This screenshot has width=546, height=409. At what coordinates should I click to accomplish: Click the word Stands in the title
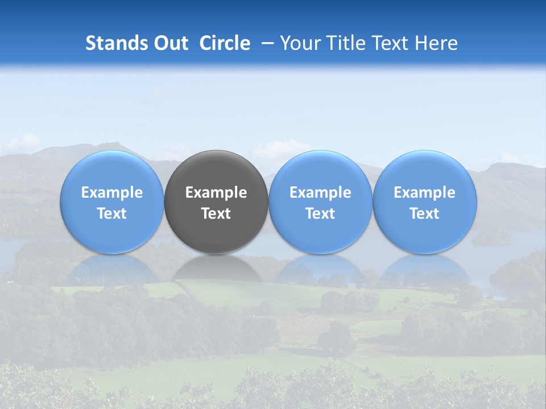click(115, 43)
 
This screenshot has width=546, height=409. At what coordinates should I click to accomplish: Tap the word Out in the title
click(169, 43)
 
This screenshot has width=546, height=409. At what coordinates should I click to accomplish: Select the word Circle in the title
click(225, 43)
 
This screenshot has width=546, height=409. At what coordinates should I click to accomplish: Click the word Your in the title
click(297, 43)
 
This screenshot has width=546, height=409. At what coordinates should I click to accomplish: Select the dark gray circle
click(216, 170)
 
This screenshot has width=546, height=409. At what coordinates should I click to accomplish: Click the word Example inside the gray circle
click(216, 193)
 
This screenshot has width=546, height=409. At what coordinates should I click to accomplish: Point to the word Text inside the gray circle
click(216, 214)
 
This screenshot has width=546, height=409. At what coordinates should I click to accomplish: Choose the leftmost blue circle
click(112, 170)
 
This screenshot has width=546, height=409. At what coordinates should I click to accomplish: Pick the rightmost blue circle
click(424, 170)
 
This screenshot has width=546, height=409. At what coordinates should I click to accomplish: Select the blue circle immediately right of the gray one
click(320, 170)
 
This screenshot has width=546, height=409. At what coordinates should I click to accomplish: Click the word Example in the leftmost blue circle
click(112, 193)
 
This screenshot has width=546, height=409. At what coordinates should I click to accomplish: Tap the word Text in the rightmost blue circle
click(424, 214)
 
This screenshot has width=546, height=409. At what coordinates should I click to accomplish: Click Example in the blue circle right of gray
click(320, 193)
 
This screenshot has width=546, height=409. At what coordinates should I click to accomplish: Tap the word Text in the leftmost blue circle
click(112, 214)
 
